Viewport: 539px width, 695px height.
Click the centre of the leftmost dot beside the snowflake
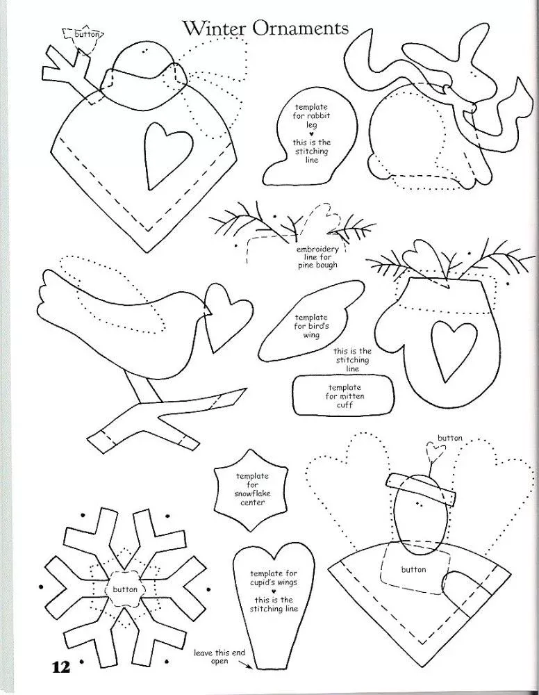pos(41,587)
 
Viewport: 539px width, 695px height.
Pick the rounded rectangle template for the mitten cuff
pos(343,395)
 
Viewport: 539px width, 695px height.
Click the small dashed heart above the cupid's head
pos(435,451)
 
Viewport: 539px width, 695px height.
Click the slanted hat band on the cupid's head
pos(421,490)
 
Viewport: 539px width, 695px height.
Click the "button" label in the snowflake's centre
pos(125,589)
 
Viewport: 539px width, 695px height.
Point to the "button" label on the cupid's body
pos(414,569)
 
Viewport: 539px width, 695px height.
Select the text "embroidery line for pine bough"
pos(317,257)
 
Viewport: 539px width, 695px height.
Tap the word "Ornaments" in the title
pos(301,28)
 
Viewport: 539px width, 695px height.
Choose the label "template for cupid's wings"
pos(273,578)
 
